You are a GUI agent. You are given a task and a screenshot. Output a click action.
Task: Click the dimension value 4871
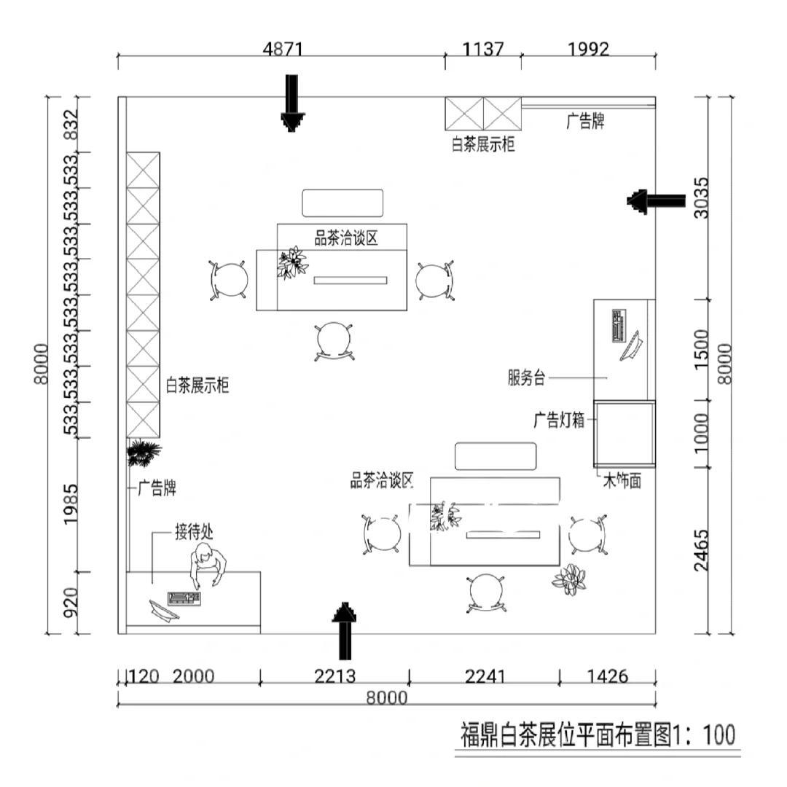(283, 50)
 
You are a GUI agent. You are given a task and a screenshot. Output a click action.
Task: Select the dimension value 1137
(482, 50)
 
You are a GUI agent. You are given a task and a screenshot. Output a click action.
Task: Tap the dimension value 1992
(588, 50)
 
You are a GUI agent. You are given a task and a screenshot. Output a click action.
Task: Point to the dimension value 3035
(701, 197)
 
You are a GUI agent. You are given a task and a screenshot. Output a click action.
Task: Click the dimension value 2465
(701, 551)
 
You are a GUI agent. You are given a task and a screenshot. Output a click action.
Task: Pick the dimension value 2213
(334, 676)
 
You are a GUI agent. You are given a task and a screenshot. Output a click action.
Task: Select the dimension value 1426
(607, 676)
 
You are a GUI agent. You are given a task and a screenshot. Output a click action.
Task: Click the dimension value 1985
(71, 504)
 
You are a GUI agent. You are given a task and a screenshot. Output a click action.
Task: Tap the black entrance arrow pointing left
(656, 201)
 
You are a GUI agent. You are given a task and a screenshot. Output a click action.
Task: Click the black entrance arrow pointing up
(344, 631)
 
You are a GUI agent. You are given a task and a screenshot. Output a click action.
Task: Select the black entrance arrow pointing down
(292, 103)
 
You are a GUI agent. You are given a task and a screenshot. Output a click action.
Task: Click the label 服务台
(527, 377)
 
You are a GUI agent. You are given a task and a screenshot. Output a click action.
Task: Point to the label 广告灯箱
(559, 420)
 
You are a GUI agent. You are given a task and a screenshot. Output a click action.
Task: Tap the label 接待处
(194, 531)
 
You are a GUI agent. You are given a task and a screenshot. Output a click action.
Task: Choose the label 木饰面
(622, 481)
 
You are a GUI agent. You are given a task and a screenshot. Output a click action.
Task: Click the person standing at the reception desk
(208, 567)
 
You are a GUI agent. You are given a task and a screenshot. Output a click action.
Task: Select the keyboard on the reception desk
(184, 599)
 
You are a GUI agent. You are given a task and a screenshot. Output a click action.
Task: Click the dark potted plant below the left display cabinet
(144, 453)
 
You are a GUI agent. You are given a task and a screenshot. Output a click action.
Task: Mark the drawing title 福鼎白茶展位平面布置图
(566, 735)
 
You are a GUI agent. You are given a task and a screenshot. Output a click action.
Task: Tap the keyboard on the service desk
(619, 326)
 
